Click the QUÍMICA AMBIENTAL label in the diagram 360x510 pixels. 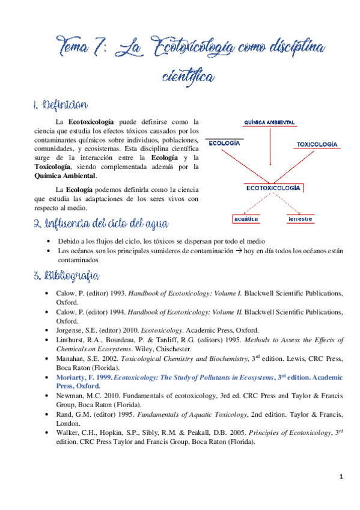pos(269,122)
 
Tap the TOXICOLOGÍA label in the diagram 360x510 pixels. pos(317,144)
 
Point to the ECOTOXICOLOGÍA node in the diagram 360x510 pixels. pos(273,188)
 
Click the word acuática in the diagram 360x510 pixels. pos(247,220)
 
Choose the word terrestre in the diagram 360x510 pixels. pos(300,220)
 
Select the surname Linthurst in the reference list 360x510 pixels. pos(71,340)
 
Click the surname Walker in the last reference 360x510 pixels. pos(67,432)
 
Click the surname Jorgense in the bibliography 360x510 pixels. pos(70,330)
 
